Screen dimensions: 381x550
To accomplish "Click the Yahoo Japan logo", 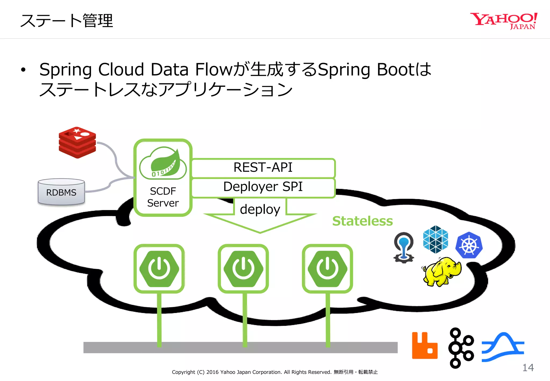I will pos(504,21).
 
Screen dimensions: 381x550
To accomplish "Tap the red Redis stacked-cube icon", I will pos(77,142).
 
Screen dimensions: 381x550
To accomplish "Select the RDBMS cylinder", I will pos(61,192).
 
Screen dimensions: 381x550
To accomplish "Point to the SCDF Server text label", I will pos(163,197).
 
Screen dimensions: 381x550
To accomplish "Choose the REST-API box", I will pos(263,168).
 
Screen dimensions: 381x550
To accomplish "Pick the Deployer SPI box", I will pos(263,187).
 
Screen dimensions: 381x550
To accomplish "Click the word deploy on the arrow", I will pos(260,209).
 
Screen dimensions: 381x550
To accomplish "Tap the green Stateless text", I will pos(362,221).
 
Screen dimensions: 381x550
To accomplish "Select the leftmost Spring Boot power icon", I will pos(159,268).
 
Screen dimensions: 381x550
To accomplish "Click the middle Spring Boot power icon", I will pos(243,268).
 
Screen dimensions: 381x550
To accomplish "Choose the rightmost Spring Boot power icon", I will pos(327,268).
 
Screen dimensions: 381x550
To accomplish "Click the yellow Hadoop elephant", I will pos(442,271).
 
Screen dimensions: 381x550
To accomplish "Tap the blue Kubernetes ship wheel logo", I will pos(469,245).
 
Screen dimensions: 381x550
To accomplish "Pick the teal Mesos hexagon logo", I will pos(435,239).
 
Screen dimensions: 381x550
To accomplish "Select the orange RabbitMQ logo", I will pos(425,346).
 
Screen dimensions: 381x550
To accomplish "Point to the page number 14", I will pos(528,368).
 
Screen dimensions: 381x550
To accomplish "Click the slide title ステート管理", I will pos(67,21).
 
